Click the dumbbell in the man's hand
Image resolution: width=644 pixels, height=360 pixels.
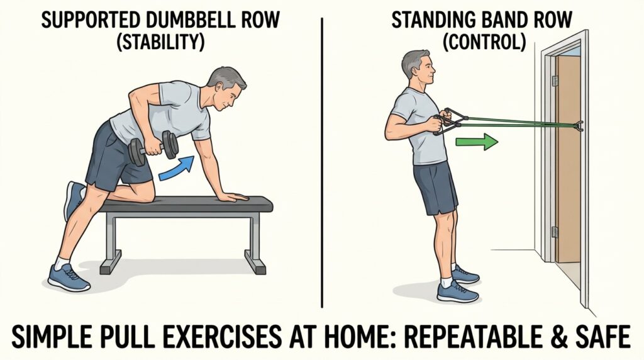point(153,148)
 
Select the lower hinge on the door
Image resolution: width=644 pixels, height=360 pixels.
point(555,232)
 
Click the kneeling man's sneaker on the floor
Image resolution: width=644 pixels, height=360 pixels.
point(69,276)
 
